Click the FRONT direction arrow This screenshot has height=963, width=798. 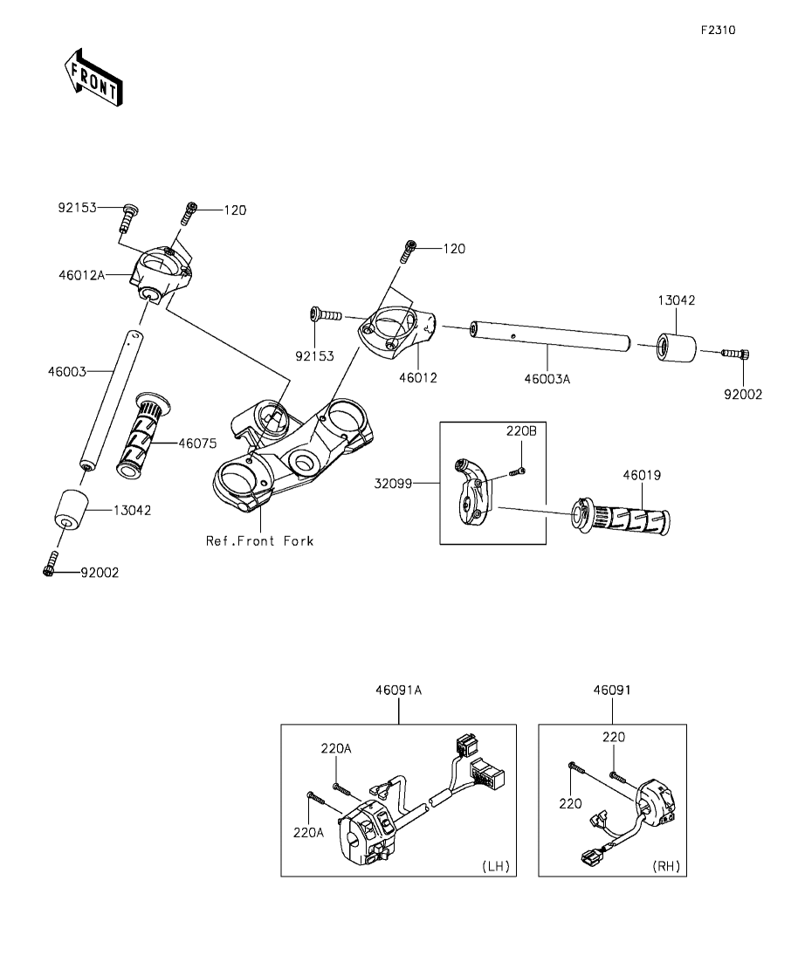(93, 77)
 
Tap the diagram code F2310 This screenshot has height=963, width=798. (719, 30)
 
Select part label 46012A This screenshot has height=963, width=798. (82, 275)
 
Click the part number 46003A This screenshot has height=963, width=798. (547, 379)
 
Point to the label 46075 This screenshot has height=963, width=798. (197, 443)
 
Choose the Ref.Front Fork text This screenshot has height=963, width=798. (260, 541)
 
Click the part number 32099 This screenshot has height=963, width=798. (393, 484)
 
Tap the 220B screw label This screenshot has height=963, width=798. (521, 431)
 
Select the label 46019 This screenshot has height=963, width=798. (642, 475)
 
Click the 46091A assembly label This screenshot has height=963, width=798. (399, 690)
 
